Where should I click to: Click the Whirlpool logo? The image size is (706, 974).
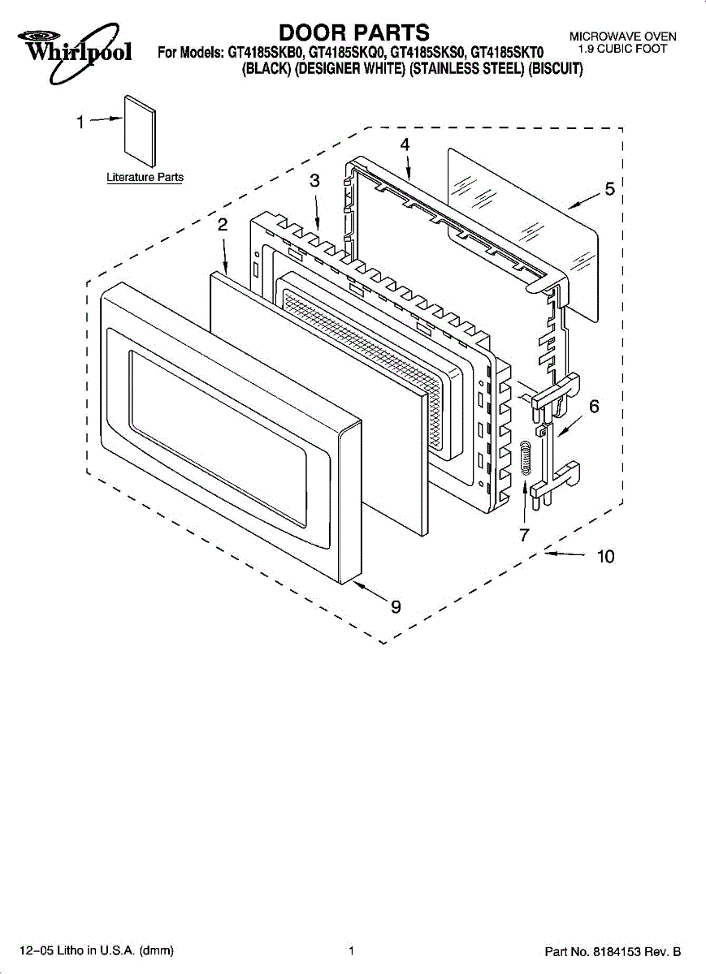(x=74, y=52)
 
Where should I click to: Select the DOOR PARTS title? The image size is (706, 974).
(x=354, y=32)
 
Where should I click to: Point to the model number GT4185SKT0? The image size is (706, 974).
(x=508, y=53)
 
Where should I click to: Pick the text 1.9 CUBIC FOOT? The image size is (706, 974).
(x=622, y=50)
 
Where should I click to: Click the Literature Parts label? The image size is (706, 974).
(x=145, y=178)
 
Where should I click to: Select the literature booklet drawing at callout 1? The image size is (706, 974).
(x=140, y=131)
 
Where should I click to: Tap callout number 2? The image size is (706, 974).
(x=223, y=225)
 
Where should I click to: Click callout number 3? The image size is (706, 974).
(x=314, y=180)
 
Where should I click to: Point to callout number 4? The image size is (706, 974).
(x=405, y=144)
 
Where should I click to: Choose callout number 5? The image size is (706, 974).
(x=610, y=189)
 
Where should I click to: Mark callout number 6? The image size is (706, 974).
(x=594, y=407)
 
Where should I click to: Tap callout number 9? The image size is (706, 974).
(x=396, y=606)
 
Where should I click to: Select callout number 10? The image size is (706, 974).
(x=606, y=556)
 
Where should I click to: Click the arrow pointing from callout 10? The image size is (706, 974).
(x=565, y=554)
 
